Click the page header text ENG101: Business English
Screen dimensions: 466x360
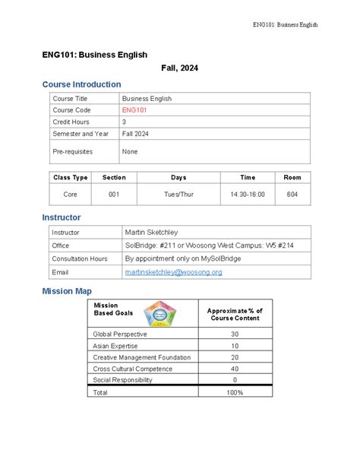coord(285,24)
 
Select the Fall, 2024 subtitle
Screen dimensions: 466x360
coord(180,68)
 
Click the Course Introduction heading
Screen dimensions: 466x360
coord(81,84)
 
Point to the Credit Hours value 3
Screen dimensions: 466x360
coord(125,122)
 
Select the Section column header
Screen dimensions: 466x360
coord(114,177)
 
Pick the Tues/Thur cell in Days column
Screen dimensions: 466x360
coord(178,195)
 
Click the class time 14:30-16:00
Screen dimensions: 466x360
coord(248,195)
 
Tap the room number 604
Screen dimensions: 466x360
coord(292,195)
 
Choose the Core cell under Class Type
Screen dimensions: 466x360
coord(70,195)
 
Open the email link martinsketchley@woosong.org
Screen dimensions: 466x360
coord(173,271)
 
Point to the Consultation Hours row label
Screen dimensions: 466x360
coord(79,258)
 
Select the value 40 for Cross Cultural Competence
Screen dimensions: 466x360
coord(235,369)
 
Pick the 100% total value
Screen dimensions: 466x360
coord(235,392)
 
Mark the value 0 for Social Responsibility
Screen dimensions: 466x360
coord(235,380)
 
